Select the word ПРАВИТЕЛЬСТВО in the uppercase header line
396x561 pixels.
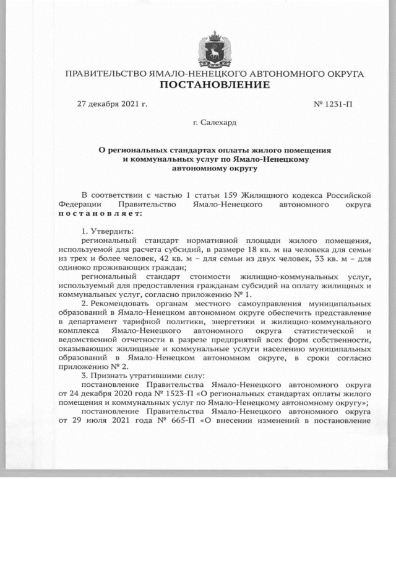pyautogui.click(x=106, y=74)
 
